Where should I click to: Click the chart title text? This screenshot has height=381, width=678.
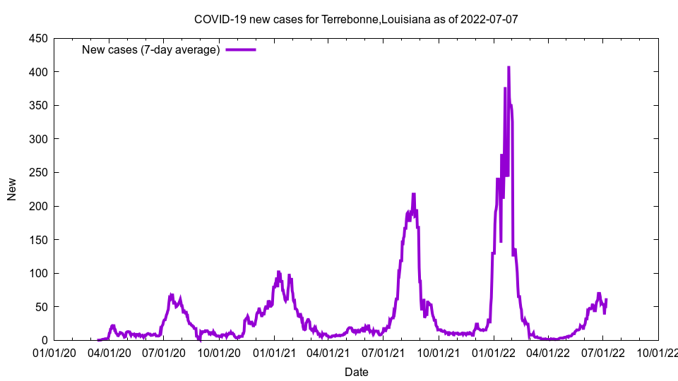pos(356,19)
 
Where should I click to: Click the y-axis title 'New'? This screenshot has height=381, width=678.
pos(12,189)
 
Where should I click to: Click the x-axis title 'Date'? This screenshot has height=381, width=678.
pos(356,372)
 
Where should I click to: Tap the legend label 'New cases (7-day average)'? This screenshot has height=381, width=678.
pos(151,49)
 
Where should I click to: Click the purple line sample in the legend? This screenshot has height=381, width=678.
pos(240,49)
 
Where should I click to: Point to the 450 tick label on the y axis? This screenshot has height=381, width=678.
pos(38,38)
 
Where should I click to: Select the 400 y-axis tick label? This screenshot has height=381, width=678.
pos(38,72)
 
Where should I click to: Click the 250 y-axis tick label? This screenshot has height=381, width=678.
pos(38,173)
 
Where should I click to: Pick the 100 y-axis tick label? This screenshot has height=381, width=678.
pos(38,273)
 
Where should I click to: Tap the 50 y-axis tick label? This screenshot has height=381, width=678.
pos(41,307)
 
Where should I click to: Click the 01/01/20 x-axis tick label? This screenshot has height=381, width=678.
pos(54,352)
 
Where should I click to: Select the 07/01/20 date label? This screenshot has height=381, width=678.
pos(164,352)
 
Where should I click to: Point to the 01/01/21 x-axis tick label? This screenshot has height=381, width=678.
pos(275,352)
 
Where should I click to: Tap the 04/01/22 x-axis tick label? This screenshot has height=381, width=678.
pos(548,352)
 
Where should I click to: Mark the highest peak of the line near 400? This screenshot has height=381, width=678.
pos(509,68)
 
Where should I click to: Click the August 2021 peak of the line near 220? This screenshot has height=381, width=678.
pos(413,194)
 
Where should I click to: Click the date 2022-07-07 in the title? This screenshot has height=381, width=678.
pos(489,19)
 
